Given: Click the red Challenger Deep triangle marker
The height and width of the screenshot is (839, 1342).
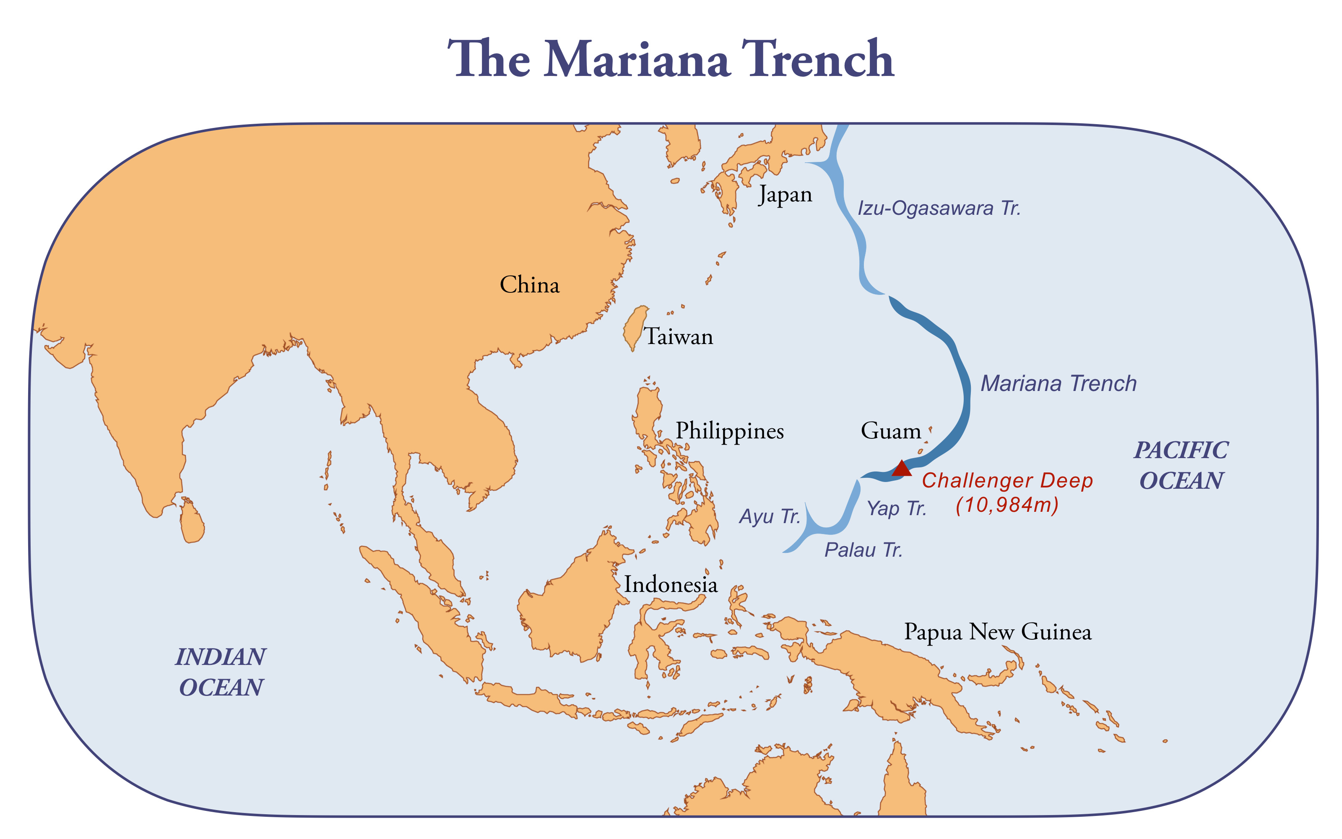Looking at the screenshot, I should (x=901, y=469).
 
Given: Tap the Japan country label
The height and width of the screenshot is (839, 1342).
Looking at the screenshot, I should (x=785, y=195).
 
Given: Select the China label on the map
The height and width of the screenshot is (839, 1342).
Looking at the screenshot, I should (x=530, y=285).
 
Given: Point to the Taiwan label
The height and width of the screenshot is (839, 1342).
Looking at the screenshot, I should (x=678, y=337).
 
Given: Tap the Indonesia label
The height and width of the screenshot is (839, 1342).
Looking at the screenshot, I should (x=671, y=584).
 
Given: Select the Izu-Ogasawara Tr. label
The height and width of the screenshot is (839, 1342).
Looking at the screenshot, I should (x=939, y=208).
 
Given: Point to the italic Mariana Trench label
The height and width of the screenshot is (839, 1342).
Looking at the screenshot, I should (x=1058, y=383).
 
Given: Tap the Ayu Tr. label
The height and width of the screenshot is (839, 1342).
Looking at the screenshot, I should (x=770, y=516).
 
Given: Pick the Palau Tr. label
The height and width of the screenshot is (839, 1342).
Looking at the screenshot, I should (x=863, y=550).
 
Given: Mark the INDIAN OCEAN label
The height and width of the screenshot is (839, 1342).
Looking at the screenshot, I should (x=221, y=672).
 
